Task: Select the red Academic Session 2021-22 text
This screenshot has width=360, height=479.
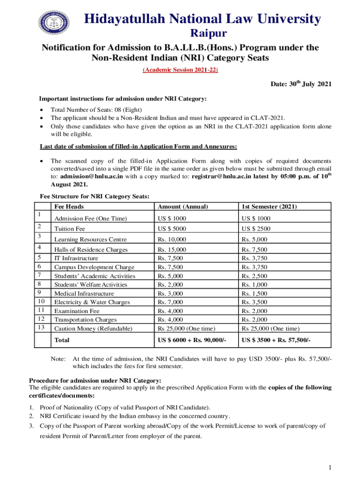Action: (x=180, y=70)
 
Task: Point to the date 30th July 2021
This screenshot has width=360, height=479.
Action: (x=301, y=84)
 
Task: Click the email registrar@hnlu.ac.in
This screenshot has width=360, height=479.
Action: (x=221, y=176)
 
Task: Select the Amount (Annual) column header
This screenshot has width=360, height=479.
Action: (x=183, y=207)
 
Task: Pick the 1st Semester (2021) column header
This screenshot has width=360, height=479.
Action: (x=269, y=207)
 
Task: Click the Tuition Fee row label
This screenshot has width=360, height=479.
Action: (x=71, y=229)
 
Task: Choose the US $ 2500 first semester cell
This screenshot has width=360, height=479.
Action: (x=255, y=229)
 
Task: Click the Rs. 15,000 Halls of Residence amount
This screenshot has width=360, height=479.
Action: (x=172, y=250)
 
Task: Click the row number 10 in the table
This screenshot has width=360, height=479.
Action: (x=41, y=302)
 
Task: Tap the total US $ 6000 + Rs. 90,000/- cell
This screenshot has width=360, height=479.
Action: (x=192, y=340)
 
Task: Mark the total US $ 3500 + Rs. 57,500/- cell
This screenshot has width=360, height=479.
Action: (x=276, y=340)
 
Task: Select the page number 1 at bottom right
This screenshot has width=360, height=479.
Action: (x=330, y=468)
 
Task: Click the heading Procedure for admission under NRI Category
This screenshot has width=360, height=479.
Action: (x=95, y=380)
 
